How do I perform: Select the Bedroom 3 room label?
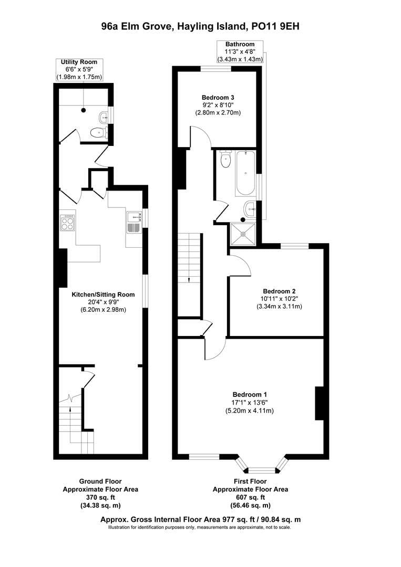click(x=218, y=97)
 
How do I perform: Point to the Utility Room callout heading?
click(x=79, y=62)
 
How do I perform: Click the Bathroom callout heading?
click(x=240, y=44)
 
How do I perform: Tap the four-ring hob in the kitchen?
click(x=68, y=224)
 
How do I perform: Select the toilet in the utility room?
click(x=97, y=133)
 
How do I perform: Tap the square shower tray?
click(x=243, y=234)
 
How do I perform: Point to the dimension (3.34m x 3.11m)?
click(x=280, y=307)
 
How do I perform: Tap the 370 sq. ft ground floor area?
click(x=100, y=497)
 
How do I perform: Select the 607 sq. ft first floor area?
click(x=250, y=497)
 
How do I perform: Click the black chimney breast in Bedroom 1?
click(x=318, y=403)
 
